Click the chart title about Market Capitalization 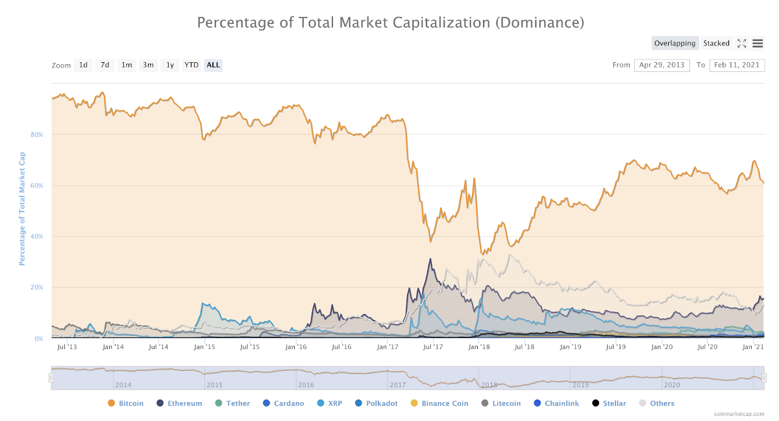coord(390,23)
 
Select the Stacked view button coord(716,43)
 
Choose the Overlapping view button coord(674,43)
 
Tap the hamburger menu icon coord(758,43)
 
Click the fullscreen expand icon coord(741,43)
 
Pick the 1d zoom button coord(83,65)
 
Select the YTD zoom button coord(191,65)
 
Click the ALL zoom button coord(213,65)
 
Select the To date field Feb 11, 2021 coord(737,65)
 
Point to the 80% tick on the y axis coord(36,135)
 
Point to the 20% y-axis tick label coord(36,287)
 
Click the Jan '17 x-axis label coord(388,348)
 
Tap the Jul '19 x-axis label coord(616,348)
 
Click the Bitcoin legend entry coord(125,403)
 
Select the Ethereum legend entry coord(179,403)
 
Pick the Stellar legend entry coord(609,403)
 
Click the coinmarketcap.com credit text coord(739,414)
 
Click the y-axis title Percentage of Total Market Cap coord(22,208)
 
